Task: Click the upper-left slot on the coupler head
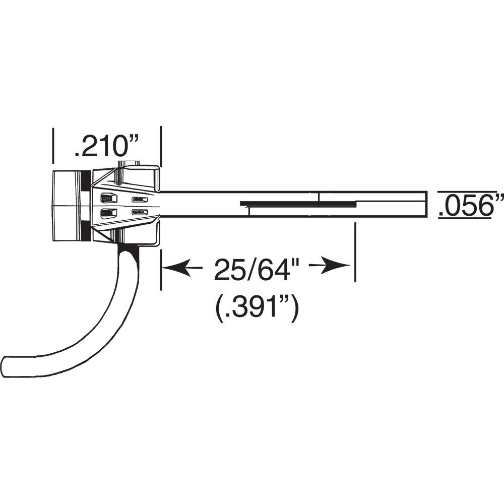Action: click(x=108, y=198)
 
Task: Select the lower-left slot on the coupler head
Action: click(x=108, y=213)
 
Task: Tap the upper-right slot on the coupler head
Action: click(x=140, y=200)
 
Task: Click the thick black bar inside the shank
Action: click(x=297, y=204)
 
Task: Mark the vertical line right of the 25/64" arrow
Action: click(x=355, y=252)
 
